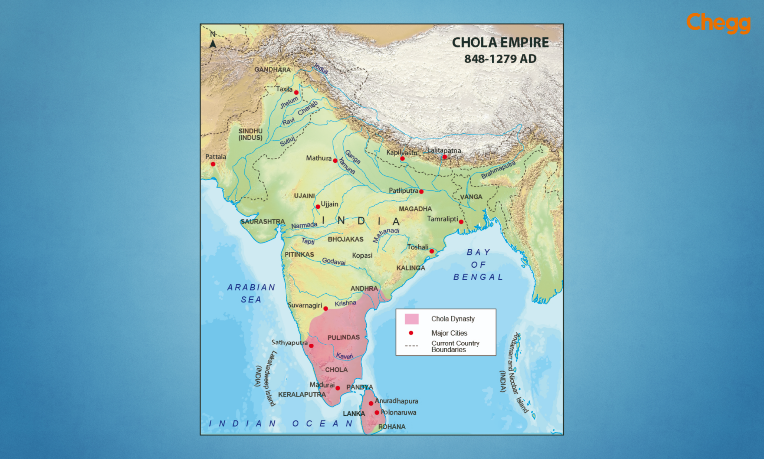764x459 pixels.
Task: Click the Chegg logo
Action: [718, 23]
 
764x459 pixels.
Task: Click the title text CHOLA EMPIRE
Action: [500, 43]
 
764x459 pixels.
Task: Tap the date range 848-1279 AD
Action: [500, 59]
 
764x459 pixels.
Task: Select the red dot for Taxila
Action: [296, 92]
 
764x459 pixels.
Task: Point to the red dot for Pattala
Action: [213, 164]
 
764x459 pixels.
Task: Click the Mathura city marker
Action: [335, 160]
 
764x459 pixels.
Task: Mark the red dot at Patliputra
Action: [421, 191]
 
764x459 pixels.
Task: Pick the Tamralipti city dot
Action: [461, 222]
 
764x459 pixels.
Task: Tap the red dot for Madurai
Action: [338, 388]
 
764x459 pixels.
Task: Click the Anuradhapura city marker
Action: [371, 403]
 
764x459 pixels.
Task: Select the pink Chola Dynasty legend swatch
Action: [412, 319]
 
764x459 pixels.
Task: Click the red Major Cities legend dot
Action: [411, 333]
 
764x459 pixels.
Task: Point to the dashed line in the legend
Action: [411, 346]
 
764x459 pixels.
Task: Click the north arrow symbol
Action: [213, 43]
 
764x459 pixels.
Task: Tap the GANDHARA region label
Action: [273, 70]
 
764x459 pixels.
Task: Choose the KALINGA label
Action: [411, 268]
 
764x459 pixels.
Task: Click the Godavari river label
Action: [334, 261]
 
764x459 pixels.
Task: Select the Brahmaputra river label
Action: [498, 170]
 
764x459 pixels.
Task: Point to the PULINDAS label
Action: [343, 337]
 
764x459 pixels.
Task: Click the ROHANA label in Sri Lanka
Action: [392, 427]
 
